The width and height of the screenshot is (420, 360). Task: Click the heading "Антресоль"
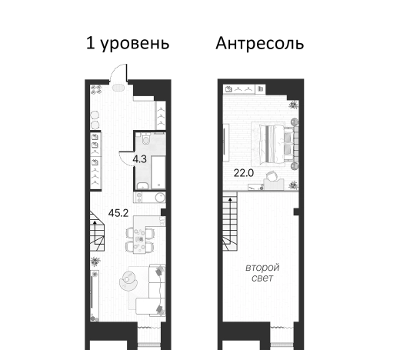tap(259, 43)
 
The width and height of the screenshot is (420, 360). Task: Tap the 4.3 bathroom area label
tap(139, 159)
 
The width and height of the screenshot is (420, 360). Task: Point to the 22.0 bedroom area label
tap(244, 172)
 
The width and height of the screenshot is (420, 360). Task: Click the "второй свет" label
tap(262, 272)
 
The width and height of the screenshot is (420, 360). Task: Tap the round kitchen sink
tap(160, 198)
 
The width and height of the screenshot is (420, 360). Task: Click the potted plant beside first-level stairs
tap(95, 262)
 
